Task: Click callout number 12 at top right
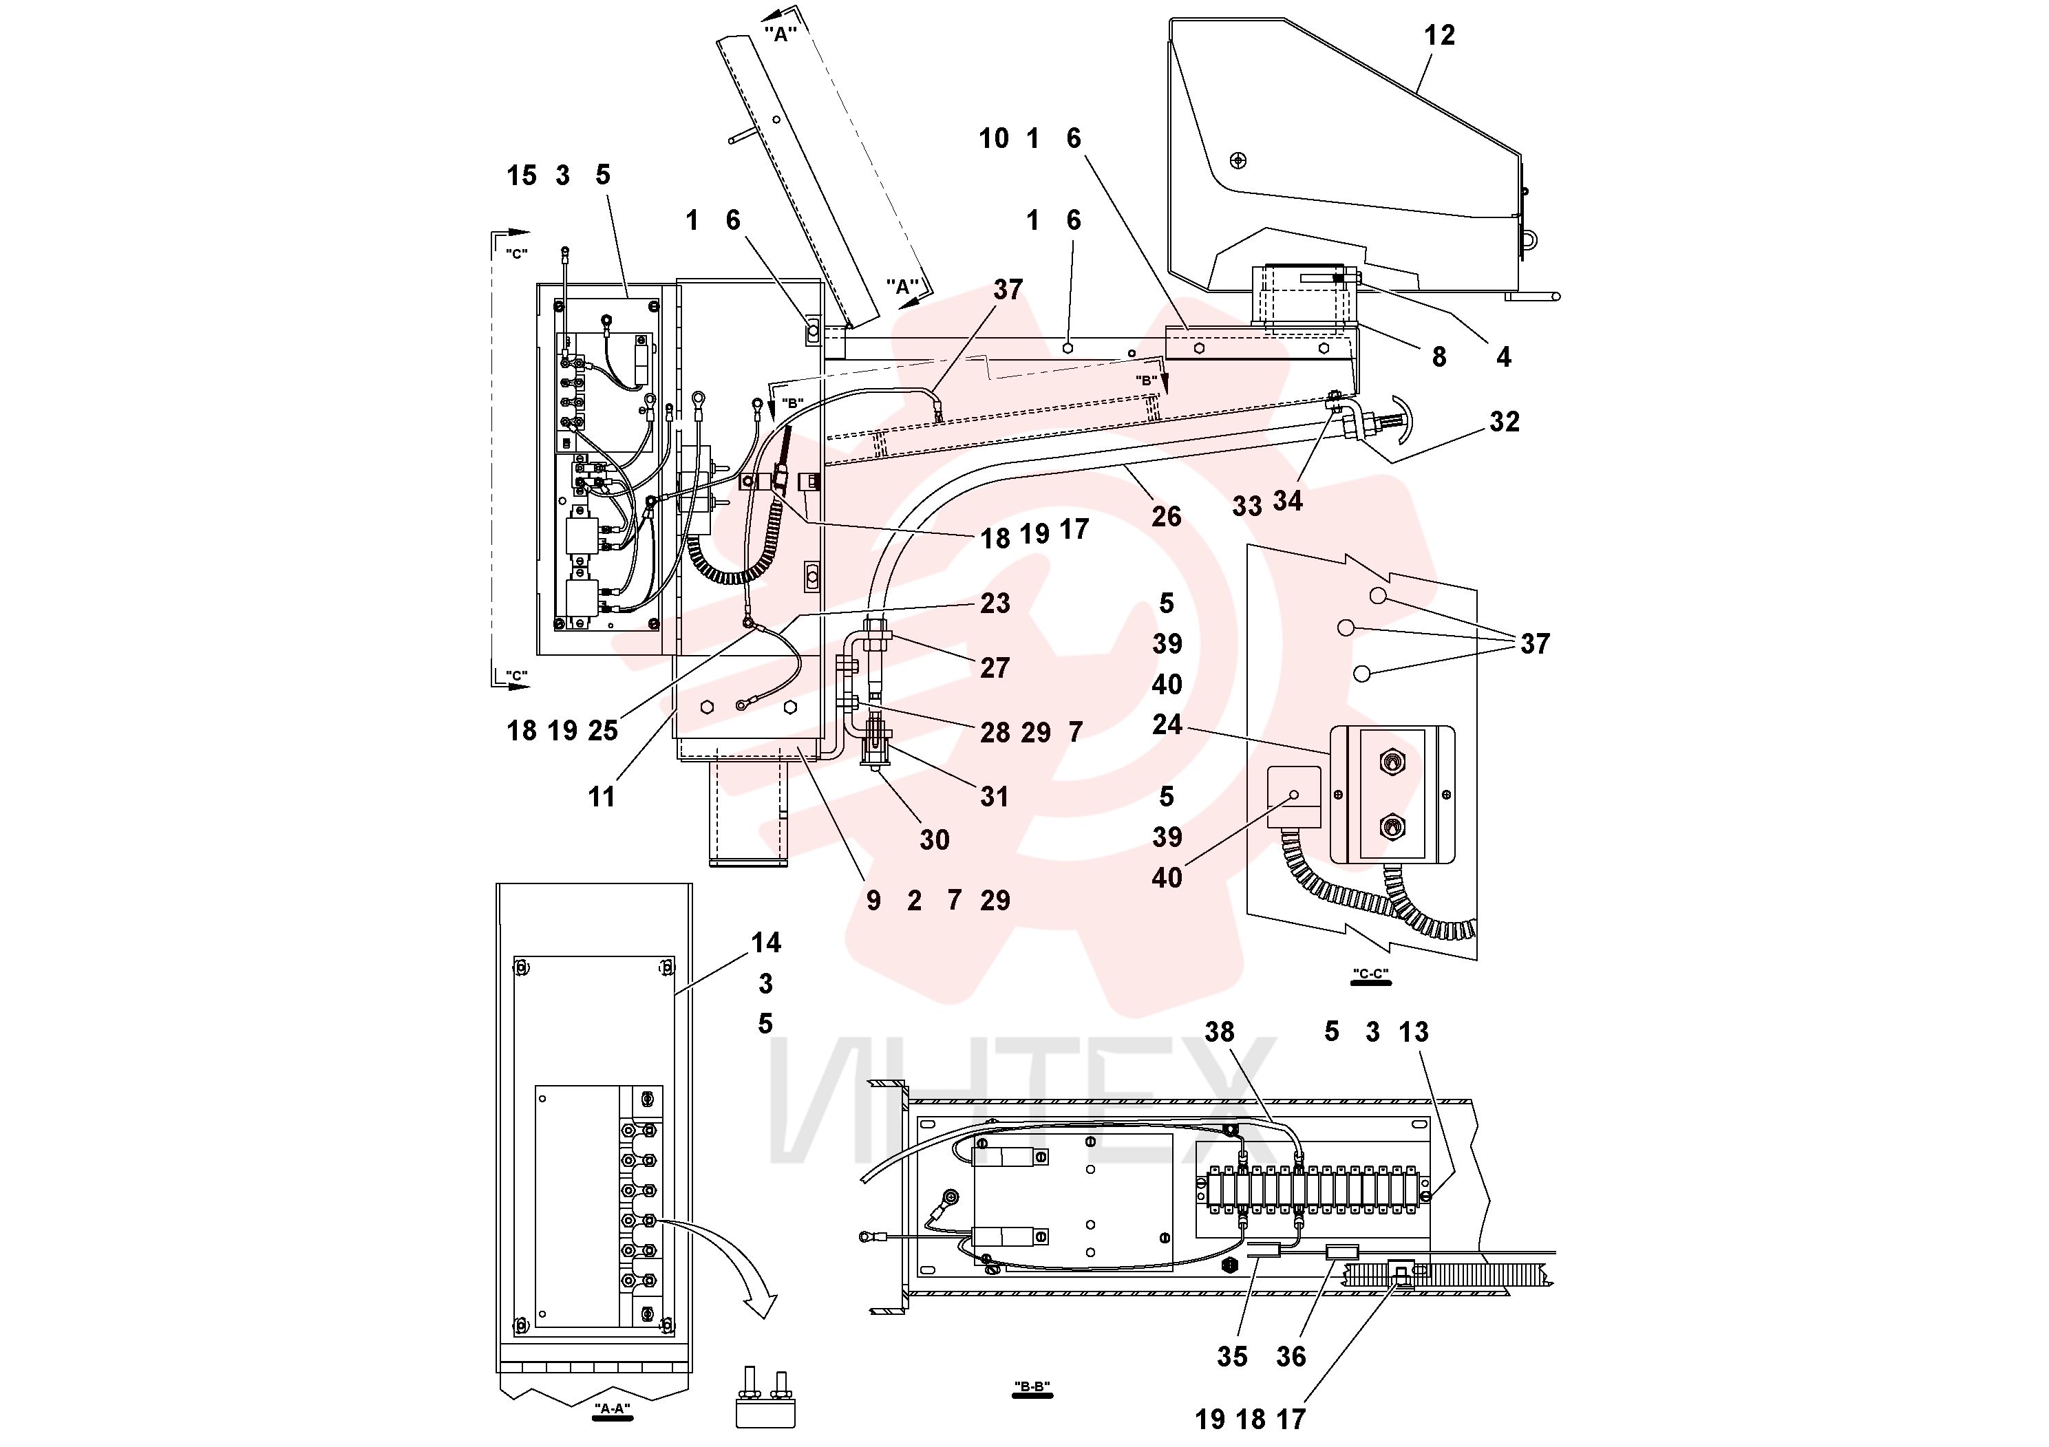1438,35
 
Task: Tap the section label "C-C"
1371,974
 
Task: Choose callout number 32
1504,421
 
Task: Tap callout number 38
1219,1031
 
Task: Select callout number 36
1291,1357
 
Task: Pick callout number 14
765,942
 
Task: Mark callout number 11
602,797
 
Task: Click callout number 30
935,839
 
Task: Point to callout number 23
995,603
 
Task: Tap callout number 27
995,668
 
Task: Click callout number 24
1167,725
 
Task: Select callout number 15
522,175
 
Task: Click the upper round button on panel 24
1390,762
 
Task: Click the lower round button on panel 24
1390,827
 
